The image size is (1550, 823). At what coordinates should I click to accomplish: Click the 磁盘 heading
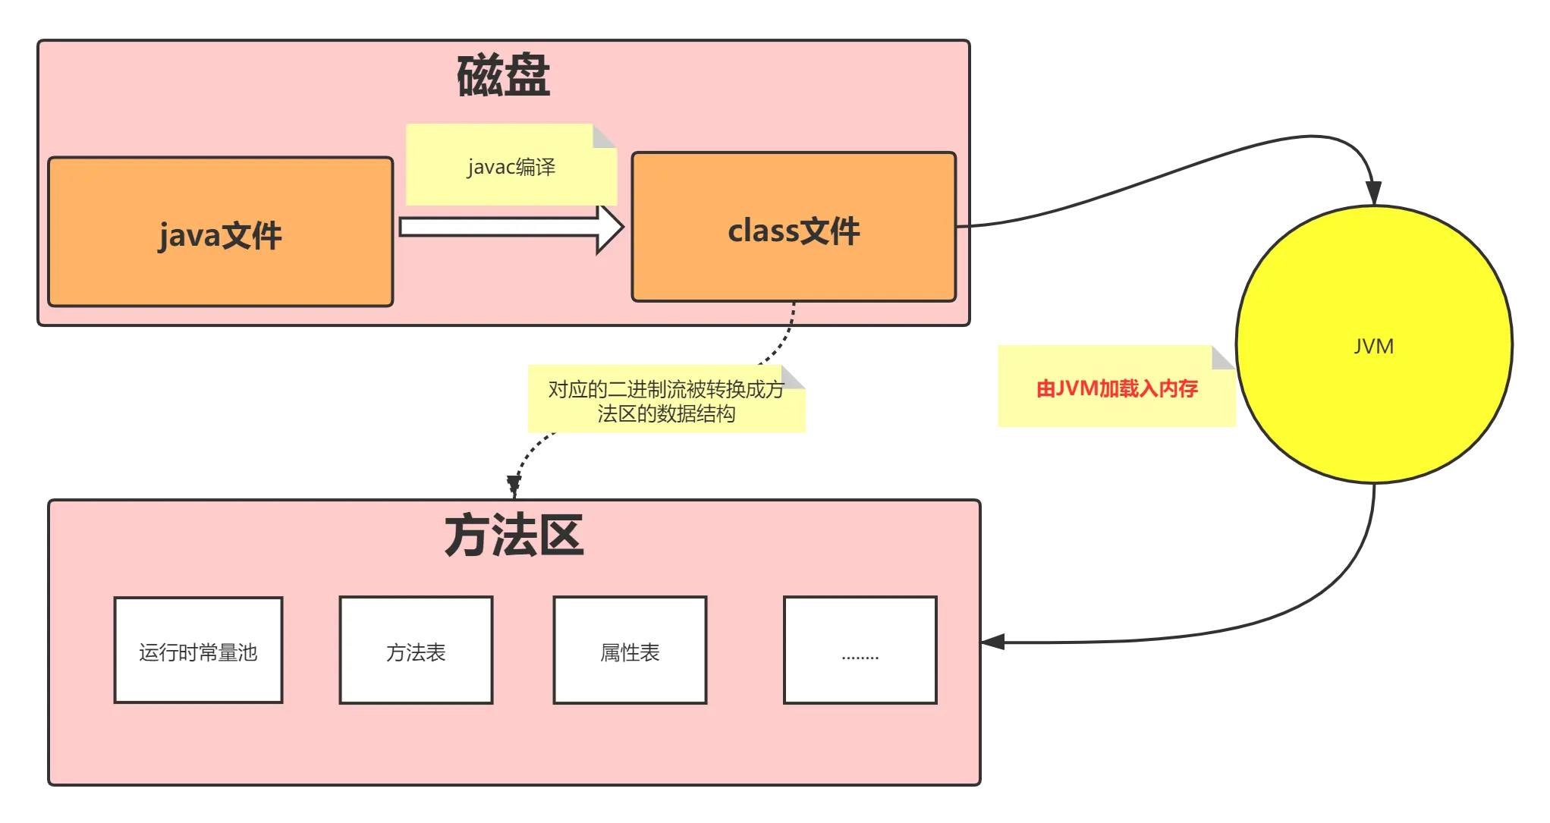coord(503,77)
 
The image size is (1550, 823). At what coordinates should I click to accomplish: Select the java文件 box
coord(220,232)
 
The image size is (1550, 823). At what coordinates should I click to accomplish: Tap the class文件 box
coord(794,228)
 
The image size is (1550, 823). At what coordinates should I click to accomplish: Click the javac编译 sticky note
coord(511,166)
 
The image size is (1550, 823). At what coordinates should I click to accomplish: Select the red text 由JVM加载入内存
coord(1117,388)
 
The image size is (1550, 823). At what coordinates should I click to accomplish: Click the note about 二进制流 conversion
coord(666,401)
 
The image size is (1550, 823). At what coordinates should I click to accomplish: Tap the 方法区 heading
coord(514,536)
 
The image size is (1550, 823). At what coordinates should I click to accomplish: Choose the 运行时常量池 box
coord(198,651)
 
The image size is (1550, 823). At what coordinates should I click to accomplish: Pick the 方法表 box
coord(416,651)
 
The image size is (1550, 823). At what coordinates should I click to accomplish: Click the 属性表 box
coord(630,651)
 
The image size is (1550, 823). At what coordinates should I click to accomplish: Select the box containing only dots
coord(860,651)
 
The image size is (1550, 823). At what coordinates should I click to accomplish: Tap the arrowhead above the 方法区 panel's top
coord(514,483)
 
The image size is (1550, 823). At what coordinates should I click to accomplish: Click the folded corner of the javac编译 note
coord(604,136)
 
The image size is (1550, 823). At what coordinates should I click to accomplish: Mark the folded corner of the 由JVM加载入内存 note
coord(1223,357)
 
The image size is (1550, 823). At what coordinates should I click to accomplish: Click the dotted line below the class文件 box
coord(791,322)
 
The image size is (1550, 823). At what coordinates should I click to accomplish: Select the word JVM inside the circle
coord(1373,346)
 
